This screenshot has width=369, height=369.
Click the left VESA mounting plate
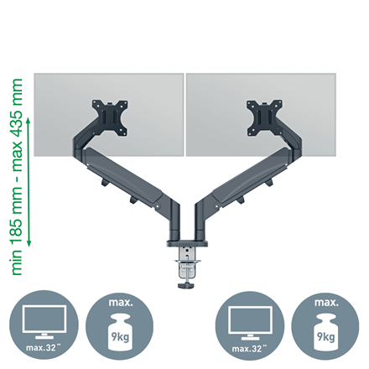point(110,117)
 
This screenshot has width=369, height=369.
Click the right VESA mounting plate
point(264,117)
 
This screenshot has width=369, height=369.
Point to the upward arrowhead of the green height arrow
point(29,121)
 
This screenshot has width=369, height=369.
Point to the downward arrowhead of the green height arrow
point(29,244)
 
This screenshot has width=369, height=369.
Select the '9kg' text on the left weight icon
point(120,336)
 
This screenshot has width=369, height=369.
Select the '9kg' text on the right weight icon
point(326,336)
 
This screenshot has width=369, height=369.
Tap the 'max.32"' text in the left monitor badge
point(44,348)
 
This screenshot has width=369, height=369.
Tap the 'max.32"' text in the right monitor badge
point(249,349)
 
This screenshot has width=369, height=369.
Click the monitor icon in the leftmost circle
point(44,322)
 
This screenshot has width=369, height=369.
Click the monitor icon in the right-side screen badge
point(250,323)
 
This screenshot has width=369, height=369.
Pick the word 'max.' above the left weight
point(121,302)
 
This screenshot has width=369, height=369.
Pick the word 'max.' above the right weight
point(326,302)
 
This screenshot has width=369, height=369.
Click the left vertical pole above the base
point(174,221)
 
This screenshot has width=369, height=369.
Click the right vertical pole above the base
point(200,221)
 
